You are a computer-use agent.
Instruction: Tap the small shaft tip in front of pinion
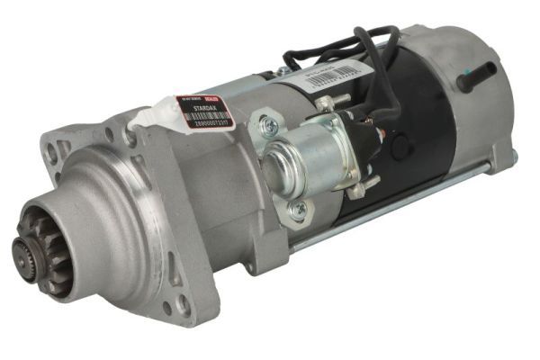[20, 247]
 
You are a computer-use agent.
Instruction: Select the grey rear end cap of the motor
[468, 99]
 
